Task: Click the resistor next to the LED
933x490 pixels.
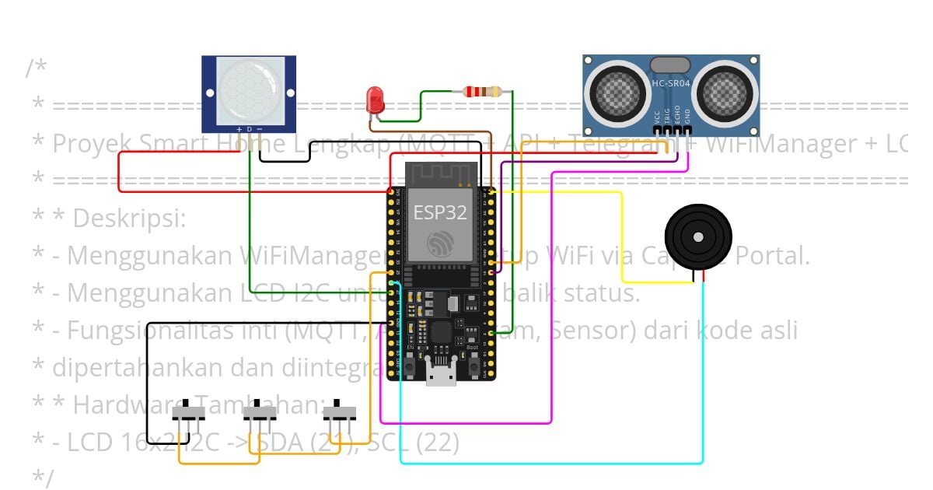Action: pyautogui.click(x=487, y=92)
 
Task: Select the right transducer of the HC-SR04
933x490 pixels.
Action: pyautogui.click(x=725, y=93)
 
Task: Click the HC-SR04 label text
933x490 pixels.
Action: pyautogui.click(x=669, y=83)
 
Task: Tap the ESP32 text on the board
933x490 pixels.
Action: pyautogui.click(x=439, y=212)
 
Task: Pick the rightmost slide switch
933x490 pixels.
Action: pyautogui.click(x=339, y=411)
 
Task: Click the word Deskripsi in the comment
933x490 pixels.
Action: pyautogui.click(x=129, y=219)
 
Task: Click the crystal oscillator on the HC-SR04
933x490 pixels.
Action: pyautogui.click(x=669, y=65)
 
